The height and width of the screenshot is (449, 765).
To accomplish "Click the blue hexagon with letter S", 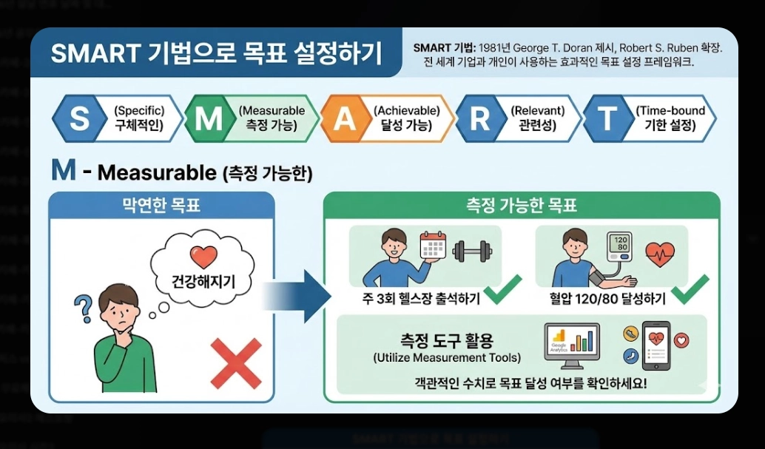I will click(x=78, y=118).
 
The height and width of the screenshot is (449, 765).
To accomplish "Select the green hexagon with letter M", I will click(x=209, y=118).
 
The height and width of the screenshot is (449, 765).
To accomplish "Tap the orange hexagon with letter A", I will click(x=345, y=118).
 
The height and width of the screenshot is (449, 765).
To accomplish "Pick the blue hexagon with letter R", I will click(x=479, y=118).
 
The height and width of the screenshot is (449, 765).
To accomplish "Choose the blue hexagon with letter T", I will click(x=608, y=118).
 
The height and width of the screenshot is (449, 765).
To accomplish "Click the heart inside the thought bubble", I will click(x=203, y=257).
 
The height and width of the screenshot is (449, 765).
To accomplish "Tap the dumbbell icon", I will click(x=472, y=251).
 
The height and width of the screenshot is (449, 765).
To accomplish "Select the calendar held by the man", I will click(x=434, y=245).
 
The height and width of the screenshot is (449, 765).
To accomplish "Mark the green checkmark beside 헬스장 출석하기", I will click(x=502, y=291).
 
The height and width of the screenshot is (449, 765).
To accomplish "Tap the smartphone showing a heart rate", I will click(x=655, y=345).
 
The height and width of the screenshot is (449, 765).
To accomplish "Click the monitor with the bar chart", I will click(x=571, y=343).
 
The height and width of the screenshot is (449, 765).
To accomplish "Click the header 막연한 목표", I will click(x=161, y=206).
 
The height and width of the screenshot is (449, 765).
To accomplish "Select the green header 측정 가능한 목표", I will click(x=522, y=206).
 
